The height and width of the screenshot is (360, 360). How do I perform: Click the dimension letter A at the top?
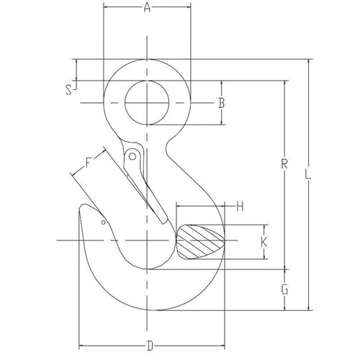147,9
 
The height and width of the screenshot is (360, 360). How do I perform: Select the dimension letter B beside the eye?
222,104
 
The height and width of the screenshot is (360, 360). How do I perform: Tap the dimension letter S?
68,90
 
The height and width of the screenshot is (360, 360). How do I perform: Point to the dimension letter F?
89,162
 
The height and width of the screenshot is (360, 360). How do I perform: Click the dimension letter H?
240,207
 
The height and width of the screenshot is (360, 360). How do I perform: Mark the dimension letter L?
308,174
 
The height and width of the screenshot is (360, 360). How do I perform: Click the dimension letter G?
284,290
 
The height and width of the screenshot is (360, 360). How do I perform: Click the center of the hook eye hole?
148,103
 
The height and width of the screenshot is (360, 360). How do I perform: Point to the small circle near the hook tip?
104,222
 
